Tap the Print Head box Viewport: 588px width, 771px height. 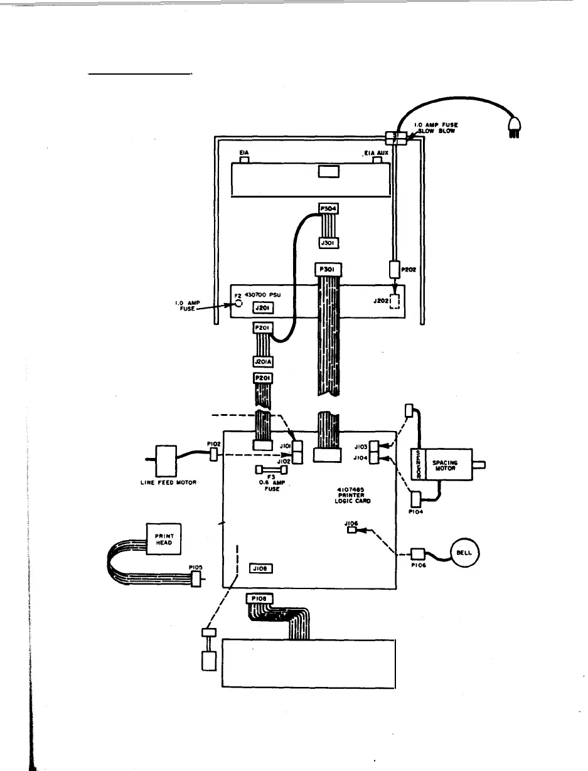pos(159,538)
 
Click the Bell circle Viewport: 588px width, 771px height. pos(464,553)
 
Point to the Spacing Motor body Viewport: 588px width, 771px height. pos(447,465)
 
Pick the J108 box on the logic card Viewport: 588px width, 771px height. pos(260,568)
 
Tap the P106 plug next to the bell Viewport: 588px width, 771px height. pos(417,555)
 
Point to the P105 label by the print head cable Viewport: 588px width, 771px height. pos(195,566)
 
